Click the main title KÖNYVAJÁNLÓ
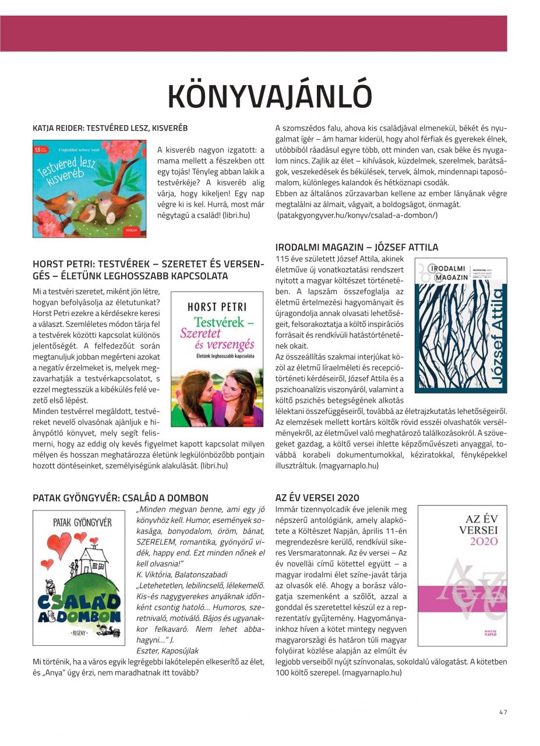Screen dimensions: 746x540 pyautogui.click(x=269, y=97)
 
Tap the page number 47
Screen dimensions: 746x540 pyautogui.click(x=503, y=711)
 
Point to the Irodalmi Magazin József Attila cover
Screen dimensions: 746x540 pyautogui.click(x=460, y=325)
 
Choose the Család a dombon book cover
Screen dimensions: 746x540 pyautogui.click(x=79, y=577)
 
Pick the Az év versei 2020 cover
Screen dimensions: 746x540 pyautogui.click(x=463, y=576)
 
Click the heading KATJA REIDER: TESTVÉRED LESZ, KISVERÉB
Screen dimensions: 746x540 pyautogui.click(x=110, y=128)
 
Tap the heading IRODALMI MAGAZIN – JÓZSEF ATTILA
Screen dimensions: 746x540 pyautogui.click(x=357, y=247)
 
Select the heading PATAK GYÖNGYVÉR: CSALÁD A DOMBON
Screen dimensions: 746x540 pyautogui.click(x=121, y=498)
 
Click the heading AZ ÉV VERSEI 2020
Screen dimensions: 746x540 pyautogui.click(x=317, y=498)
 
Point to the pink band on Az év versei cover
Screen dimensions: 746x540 pyautogui.click(x=463, y=594)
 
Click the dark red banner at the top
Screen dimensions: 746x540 pyautogui.click(x=253, y=33)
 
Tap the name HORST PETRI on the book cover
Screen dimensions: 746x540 pyautogui.click(x=217, y=307)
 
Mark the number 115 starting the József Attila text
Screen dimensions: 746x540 pyautogui.click(x=283, y=259)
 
